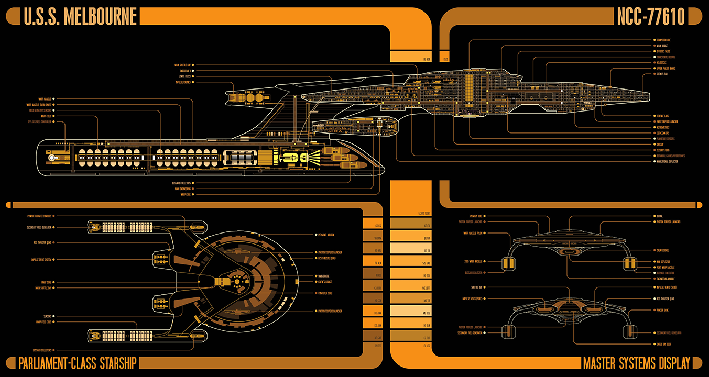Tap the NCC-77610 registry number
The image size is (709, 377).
coord(650,17)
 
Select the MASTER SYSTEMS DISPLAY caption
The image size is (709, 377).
coord(636,362)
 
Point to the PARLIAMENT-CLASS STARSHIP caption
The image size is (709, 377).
coord(77,362)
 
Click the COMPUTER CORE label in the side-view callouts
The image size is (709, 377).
coord(663,40)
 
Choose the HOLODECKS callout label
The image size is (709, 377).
coord(661,62)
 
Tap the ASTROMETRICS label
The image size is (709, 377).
coord(663,127)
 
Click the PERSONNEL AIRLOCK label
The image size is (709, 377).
coord(325,234)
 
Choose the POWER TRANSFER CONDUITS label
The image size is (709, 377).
coord(39,216)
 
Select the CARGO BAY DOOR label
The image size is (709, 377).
coord(665,344)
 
